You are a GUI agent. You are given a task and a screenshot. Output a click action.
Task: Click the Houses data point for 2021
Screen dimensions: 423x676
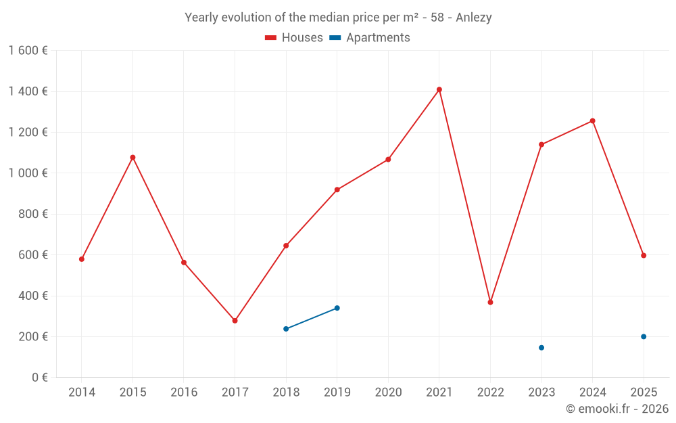tap(439, 89)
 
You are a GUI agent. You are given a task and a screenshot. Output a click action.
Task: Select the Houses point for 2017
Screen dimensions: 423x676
tap(235, 321)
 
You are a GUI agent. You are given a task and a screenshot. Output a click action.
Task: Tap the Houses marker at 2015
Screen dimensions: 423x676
tap(132, 158)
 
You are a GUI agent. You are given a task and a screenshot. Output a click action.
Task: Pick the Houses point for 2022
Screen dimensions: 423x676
tap(490, 302)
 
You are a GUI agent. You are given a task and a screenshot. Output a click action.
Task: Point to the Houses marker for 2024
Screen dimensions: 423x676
tap(593, 121)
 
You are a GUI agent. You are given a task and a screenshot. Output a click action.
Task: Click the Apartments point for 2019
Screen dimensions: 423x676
tap(337, 308)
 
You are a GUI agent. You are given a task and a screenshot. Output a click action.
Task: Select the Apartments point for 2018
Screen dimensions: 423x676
tap(286, 329)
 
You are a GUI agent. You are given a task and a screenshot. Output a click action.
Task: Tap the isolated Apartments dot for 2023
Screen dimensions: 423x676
tap(541, 348)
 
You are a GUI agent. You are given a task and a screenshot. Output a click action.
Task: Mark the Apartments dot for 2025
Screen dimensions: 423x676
tap(644, 336)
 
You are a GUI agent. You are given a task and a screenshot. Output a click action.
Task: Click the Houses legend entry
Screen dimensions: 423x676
tap(294, 38)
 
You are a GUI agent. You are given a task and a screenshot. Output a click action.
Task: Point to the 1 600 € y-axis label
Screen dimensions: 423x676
tap(28, 50)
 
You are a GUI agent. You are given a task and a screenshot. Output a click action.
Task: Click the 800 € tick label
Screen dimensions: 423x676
tap(33, 214)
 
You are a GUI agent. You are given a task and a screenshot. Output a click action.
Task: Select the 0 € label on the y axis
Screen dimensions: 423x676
tap(39, 378)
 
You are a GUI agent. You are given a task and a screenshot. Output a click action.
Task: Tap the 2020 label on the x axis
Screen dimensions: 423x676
tap(388, 393)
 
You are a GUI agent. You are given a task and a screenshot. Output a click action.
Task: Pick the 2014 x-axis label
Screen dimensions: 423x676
tap(82, 393)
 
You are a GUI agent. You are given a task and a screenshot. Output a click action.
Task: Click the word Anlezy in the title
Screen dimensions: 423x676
tap(474, 18)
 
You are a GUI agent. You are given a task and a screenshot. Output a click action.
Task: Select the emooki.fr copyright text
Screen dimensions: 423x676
tap(617, 409)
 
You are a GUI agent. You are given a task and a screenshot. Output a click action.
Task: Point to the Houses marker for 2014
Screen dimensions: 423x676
tap(82, 259)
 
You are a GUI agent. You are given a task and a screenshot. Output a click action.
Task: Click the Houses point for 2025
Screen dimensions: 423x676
tap(644, 255)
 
